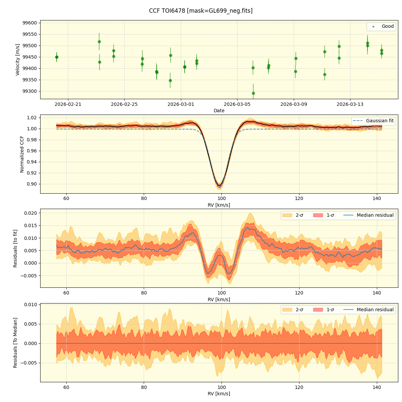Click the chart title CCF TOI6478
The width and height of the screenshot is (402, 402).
pos(201,11)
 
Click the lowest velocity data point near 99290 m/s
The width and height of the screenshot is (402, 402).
pos(253,93)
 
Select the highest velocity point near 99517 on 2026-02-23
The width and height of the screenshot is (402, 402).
pos(99,42)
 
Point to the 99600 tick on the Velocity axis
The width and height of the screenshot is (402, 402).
pos(29,23)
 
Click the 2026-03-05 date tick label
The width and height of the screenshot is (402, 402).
pos(237,104)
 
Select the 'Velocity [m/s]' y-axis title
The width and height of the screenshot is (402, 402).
pos(18,60)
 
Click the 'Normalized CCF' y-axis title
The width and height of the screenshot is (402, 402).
pos(22,154)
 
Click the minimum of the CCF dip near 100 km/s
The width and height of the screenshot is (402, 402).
pos(219,185)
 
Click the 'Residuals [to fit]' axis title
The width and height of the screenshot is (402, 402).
pos(15,248)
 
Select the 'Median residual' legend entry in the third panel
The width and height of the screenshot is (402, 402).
pos(375,215)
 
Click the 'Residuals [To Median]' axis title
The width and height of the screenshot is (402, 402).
pos(15,343)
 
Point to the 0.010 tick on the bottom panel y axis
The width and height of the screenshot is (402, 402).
pos(29,305)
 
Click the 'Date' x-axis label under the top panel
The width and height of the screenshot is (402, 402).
pos(219,111)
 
